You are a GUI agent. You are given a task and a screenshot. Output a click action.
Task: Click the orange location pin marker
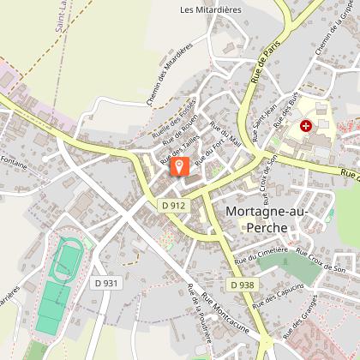pyautogui.click(x=179, y=165)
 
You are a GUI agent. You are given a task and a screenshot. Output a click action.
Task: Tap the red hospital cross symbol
pyautogui.click(x=306, y=126)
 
